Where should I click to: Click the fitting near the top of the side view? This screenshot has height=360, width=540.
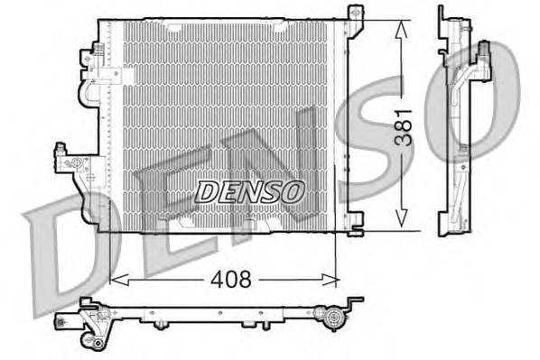click(486, 54)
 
